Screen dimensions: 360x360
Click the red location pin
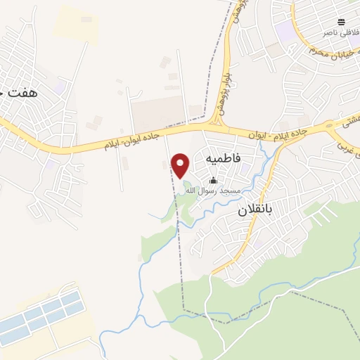pyautogui.click(x=181, y=165)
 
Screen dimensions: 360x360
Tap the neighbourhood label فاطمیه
pyautogui.click(x=224, y=160)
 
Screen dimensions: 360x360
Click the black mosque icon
pyautogui.click(x=214, y=181)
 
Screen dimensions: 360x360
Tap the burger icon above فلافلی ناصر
pyautogui.click(x=341, y=22)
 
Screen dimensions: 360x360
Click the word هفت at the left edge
pyautogui.click(x=21, y=93)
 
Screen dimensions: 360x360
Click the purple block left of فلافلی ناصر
pyautogui.click(x=284, y=31)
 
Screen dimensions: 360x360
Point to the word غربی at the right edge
pyautogui.click(x=345, y=150)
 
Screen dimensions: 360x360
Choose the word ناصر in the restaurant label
pyautogui.click(x=330, y=33)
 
